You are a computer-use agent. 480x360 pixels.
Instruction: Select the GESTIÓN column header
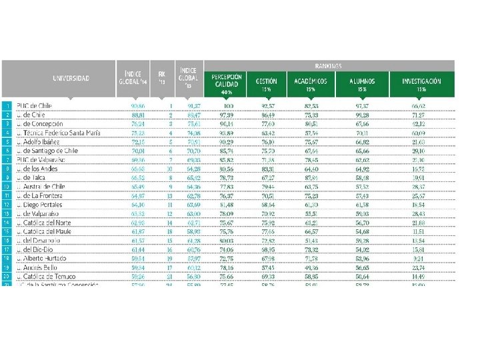coord(267,81)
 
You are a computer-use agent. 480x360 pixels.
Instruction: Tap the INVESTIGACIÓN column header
coord(421,81)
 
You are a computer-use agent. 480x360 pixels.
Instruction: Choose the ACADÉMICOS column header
coord(310,81)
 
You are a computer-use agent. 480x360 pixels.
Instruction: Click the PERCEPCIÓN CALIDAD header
coord(226,81)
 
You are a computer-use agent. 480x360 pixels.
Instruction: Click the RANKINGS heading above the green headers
coord(331,66)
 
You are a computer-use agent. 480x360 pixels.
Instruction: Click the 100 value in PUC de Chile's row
coord(229,105)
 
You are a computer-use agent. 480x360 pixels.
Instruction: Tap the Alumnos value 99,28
coord(363,115)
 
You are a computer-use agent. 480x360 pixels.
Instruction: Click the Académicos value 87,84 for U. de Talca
coord(311,177)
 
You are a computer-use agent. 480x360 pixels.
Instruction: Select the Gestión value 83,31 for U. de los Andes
coord(269,169)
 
